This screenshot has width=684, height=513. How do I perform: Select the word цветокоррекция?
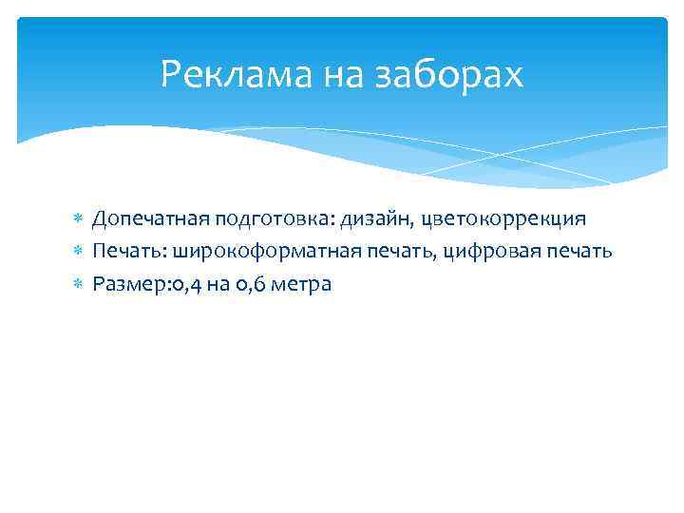click(x=504, y=219)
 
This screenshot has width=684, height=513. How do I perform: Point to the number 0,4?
click(x=179, y=284)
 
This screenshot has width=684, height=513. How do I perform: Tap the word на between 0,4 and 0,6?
click(x=212, y=284)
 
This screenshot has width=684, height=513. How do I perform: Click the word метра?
click(x=301, y=284)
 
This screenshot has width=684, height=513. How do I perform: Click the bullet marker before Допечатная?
click(x=80, y=220)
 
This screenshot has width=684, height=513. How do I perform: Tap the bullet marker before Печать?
click(x=80, y=253)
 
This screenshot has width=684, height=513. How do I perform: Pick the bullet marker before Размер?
click(x=80, y=285)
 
